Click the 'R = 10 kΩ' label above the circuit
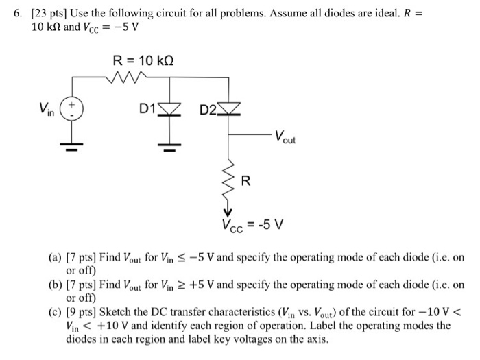(143, 61)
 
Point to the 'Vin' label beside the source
(47, 110)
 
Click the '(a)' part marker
(53, 259)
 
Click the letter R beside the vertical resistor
(246, 181)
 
